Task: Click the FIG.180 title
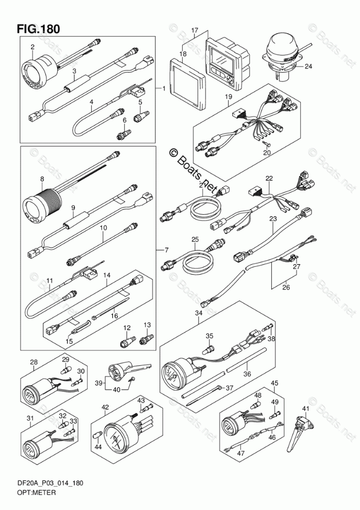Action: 38,28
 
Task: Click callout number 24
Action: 308,66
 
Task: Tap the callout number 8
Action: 42,179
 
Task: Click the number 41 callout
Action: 306,408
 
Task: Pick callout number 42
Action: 105,407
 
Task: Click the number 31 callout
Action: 31,417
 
